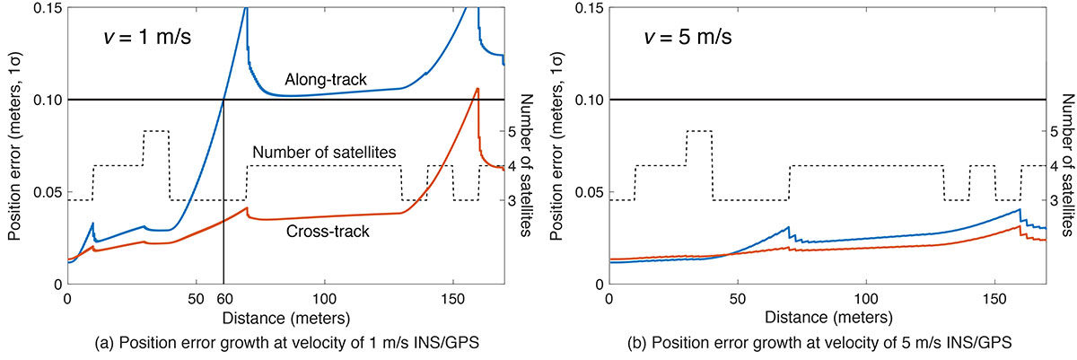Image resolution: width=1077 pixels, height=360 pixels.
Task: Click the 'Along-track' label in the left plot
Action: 325,81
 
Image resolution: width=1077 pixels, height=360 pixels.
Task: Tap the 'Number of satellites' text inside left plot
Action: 325,153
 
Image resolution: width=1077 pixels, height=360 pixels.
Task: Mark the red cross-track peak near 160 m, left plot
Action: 477,88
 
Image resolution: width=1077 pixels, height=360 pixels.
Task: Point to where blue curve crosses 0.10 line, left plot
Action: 223,99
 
